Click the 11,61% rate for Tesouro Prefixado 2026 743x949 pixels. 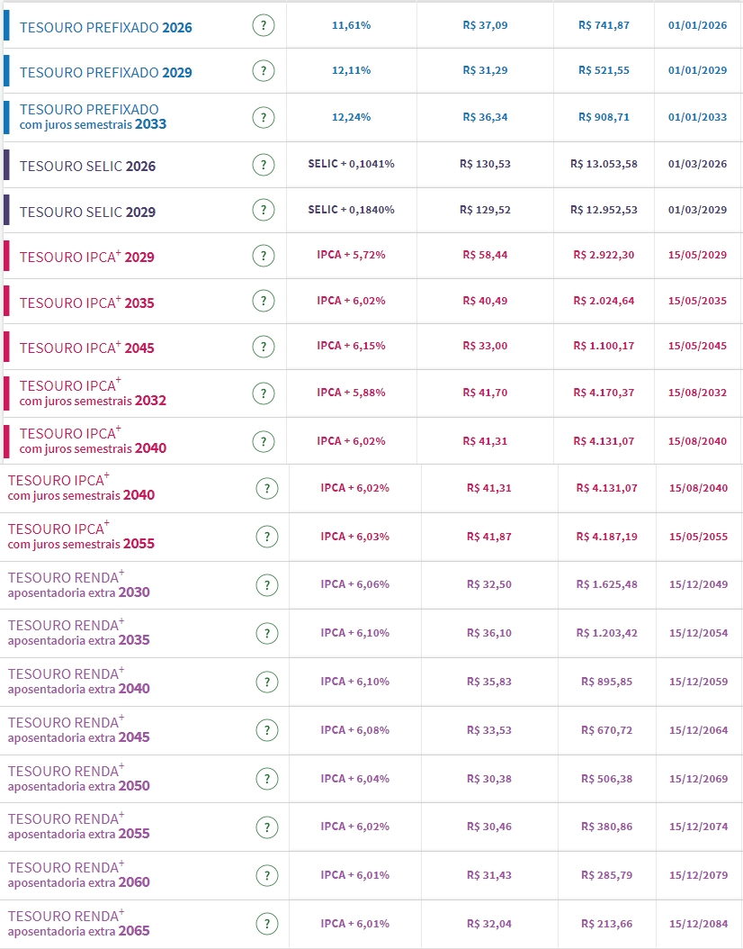click(x=351, y=25)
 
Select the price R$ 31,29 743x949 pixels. click(x=485, y=71)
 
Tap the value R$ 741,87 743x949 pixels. click(x=604, y=25)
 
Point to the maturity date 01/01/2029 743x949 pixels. click(x=698, y=71)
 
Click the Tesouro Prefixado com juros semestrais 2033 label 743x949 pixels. click(x=93, y=117)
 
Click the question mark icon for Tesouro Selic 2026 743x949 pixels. click(x=263, y=164)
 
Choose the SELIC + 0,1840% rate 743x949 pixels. click(x=351, y=210)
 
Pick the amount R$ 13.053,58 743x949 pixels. click(x=604, y=164)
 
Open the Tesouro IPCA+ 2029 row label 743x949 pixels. click(x=86, y=257)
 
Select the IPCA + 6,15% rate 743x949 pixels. click(x=351, y=347)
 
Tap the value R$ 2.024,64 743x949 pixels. click(x=604, y=301)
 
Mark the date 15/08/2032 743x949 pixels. click(x=698, y=393)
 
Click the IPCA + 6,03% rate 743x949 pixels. click(x=355, y=537)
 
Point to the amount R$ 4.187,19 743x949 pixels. click(x=607, y=537)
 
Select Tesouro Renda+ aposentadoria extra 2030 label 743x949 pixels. click(x=79, y=584)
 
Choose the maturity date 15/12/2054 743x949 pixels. click(x=699, y=633)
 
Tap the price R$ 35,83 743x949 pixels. click(x=488, y=682)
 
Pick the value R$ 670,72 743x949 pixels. click(x=607, y=730)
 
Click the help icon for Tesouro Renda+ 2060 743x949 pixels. click(x=265, y=875)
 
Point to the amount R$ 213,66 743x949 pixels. click(x=607, y=924)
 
